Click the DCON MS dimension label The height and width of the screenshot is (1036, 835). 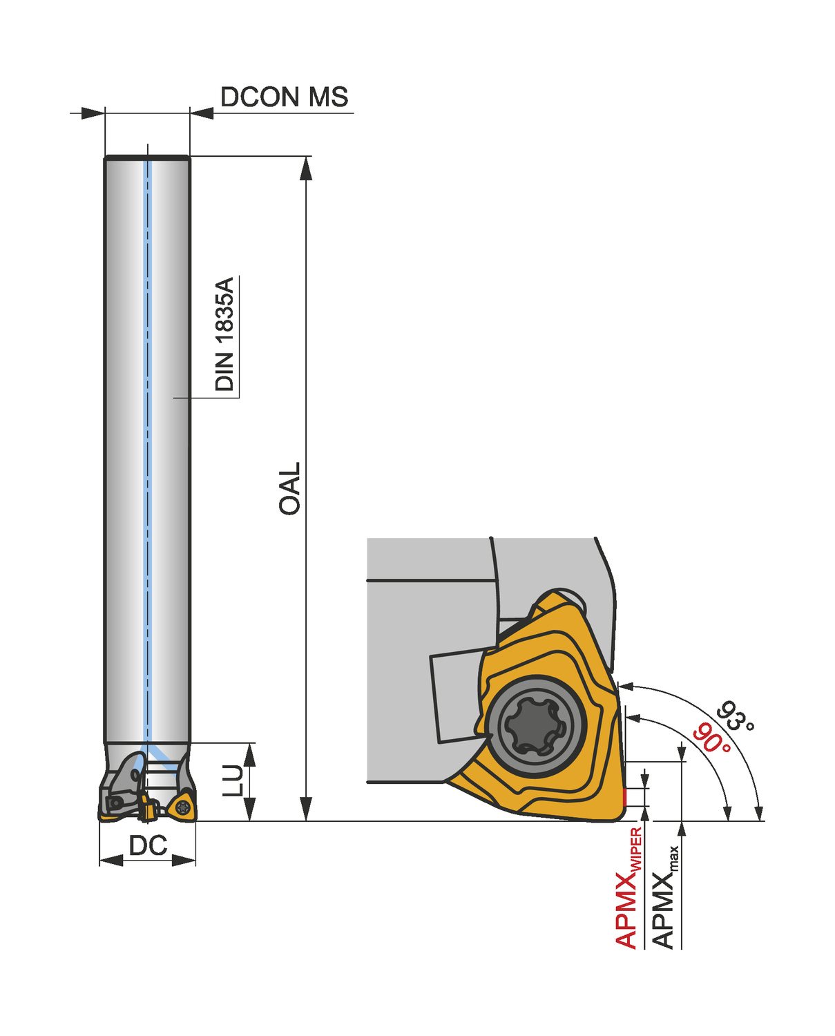[x=284, y=97]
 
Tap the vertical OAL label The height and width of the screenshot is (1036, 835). [x=290, y=488]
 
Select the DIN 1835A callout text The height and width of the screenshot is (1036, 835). [x=225, y=334]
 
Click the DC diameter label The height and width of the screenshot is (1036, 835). [x=148, y=845]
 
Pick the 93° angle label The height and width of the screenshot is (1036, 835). [x=735, y=716]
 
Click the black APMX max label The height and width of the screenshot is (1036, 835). [x=664, y=898]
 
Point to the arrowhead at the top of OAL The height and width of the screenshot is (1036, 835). [x=305, y=168]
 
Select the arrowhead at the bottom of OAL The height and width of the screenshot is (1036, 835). [x=305, y=809]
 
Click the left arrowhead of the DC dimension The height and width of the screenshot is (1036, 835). [x=111, y=861]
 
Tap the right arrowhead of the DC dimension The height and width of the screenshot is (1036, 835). [x=184, y=861]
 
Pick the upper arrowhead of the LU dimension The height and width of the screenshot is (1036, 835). [x=250, y=755]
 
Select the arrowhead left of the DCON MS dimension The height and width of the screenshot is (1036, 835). [x=93, y=113]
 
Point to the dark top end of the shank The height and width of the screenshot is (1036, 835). [x=147, y=158]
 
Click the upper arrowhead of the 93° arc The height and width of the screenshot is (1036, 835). [x=626, y=686]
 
